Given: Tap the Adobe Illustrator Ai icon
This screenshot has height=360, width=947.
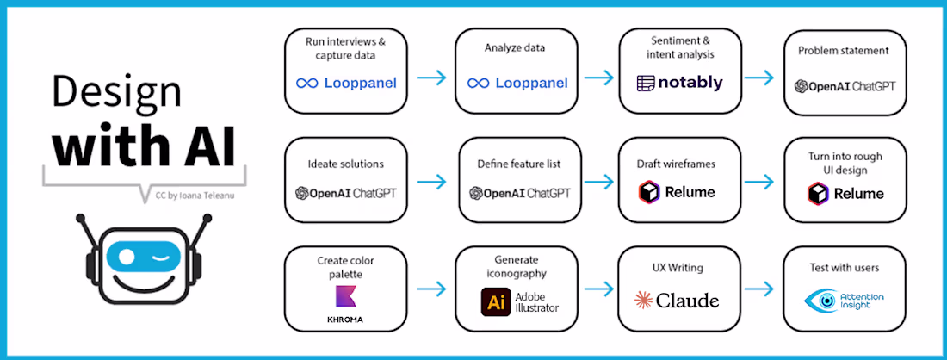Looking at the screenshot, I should coord(495,301).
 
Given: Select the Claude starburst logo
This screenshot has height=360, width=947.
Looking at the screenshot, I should coord(642,301).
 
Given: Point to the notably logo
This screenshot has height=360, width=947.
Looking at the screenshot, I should coord(680,84).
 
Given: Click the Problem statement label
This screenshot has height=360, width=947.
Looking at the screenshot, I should coord(843,51).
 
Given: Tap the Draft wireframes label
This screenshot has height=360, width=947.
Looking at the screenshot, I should coord(677,163).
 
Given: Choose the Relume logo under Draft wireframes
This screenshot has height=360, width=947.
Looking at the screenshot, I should coord(678,191).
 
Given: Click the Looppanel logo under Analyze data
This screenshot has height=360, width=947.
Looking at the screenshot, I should coord(517,84).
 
